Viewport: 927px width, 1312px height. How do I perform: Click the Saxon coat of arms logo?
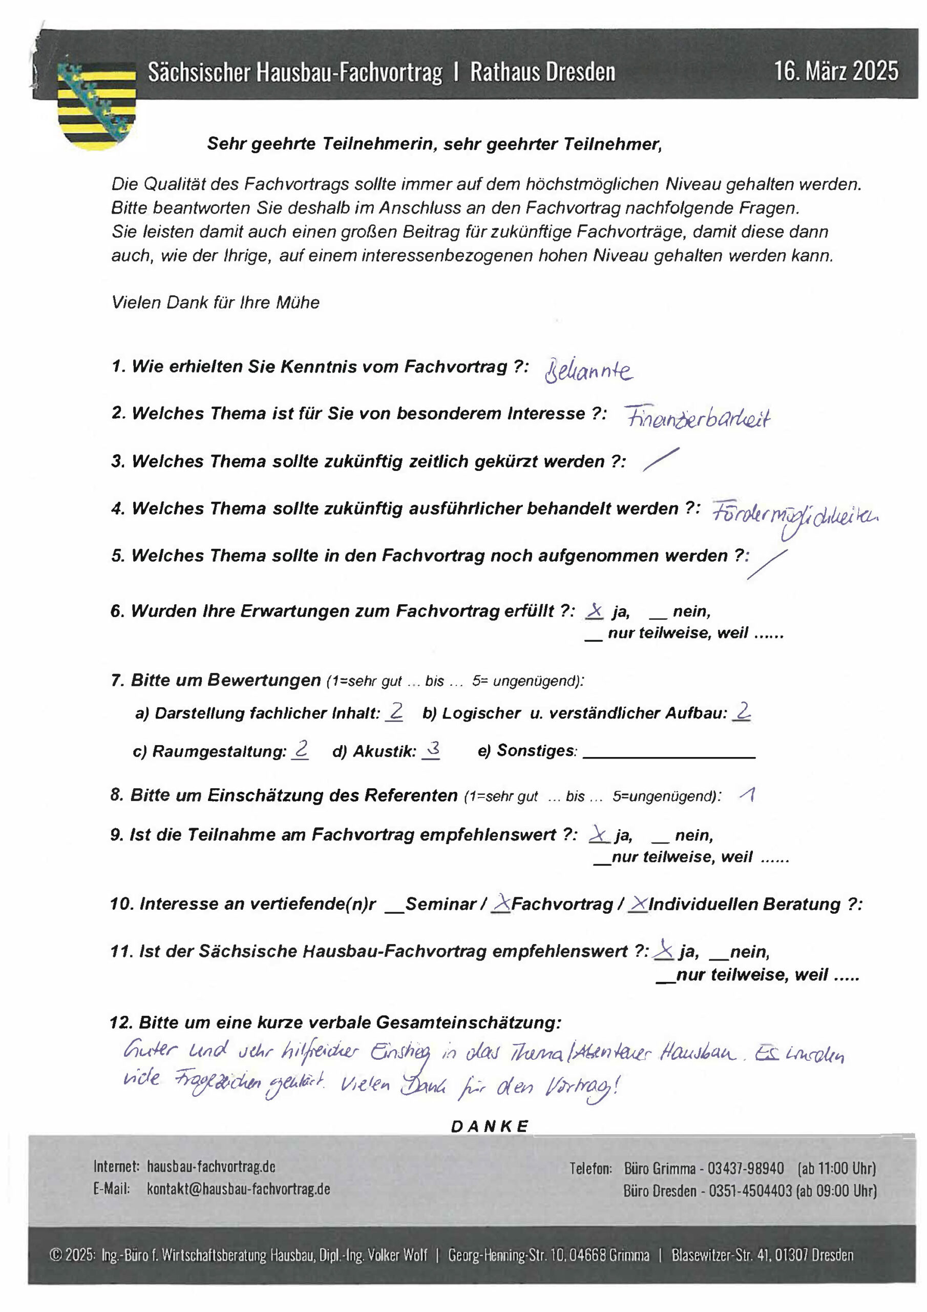pos(97,106)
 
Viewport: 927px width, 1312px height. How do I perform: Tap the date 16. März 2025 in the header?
pos(836,71)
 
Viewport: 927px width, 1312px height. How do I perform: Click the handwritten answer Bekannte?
pos(588,372)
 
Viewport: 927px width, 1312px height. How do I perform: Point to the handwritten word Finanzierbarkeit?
pos(698,418)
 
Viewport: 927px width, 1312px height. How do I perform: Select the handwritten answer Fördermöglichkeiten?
pos(794,516)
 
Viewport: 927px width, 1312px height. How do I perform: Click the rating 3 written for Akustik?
pos(432,749)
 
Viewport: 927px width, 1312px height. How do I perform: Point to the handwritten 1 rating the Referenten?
pos(748,795)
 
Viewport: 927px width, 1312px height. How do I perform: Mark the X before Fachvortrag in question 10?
pos(501,903)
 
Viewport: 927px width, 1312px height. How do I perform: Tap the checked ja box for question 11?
pos(664,950)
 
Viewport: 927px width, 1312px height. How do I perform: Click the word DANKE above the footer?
pos(490,1126)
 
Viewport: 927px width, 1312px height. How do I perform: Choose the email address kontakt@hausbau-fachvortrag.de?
pos(238,1188)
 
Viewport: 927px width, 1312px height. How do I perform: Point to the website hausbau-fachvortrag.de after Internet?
pos(211,1166)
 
